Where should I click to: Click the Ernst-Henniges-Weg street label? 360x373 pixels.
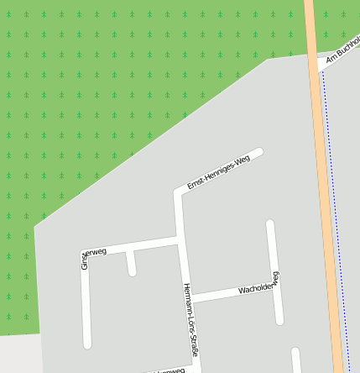tap(219, 172)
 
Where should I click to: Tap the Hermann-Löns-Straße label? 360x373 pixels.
tap(190, 320)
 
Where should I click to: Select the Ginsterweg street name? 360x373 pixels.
tap(92, 255)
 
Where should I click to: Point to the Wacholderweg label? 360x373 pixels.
tap(258, 286)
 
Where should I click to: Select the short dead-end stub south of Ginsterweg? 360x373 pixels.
tap(131, 264)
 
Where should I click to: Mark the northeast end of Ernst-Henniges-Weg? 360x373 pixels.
tap(259, 152)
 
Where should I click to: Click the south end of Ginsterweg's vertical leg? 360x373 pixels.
tap(86, 343)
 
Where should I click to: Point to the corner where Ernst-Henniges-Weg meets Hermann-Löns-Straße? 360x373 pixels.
tap(178, 193)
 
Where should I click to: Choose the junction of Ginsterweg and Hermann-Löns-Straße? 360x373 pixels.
tap(180, 242)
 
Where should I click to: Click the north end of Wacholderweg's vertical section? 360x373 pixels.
tap(270, 223)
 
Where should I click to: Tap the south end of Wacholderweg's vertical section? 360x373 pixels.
tap(279, 320)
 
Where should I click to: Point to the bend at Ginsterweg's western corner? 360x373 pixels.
tap(85, 252)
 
